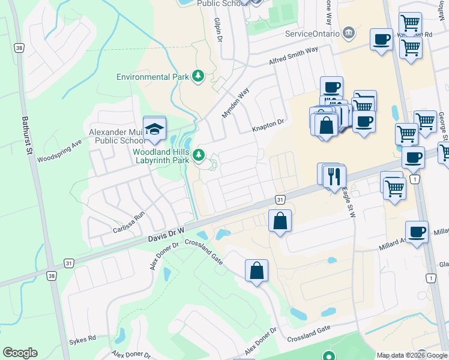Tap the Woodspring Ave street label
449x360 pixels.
click(x=58, y=152)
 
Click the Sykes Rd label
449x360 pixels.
click(x=85, y=338)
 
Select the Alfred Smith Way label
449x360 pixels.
click(x=293, y=57)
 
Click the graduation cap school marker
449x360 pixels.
click(x=155, y=128)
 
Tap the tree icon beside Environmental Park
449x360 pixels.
click(x=198, y=76)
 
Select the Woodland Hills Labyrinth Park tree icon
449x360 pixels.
click(x=199, y=156)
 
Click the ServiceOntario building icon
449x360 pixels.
click(x=348, y=32)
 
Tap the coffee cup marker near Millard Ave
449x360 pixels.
click(x=416, y=232)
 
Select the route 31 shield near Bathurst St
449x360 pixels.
click(x=69, y=263)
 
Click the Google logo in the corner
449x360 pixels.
click(x=20, y=353)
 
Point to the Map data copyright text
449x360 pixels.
click(x=412, y=355)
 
